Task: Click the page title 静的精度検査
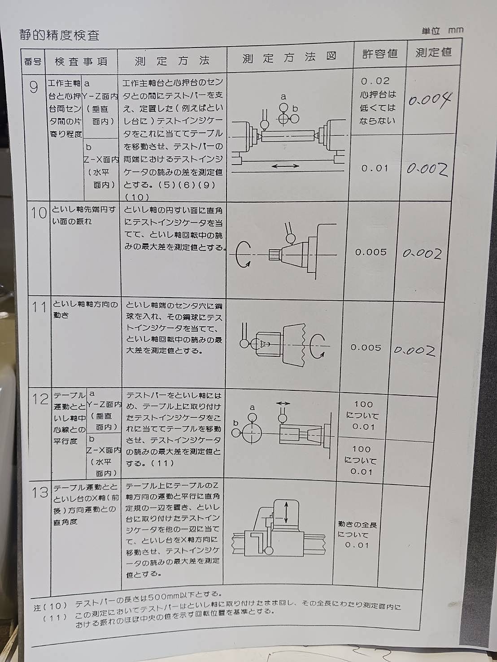click(60, 35)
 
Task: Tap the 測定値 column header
click(433, 52)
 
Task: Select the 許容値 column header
click(379, 54)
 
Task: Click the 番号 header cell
click(33, 62)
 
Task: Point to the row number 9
click(34, 87)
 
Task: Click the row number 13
click(40, 493)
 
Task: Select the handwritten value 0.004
click(430, 100)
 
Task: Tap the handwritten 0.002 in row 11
click(414, 350)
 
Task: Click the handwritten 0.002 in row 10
click(422, 254)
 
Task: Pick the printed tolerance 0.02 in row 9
click(375, 81)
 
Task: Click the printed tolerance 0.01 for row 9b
click(375, 168)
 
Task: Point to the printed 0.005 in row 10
click(371, 252)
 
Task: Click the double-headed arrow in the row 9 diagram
click(285, 165)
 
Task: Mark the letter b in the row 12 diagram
click(235, 423)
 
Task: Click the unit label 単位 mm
click(442, 31)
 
